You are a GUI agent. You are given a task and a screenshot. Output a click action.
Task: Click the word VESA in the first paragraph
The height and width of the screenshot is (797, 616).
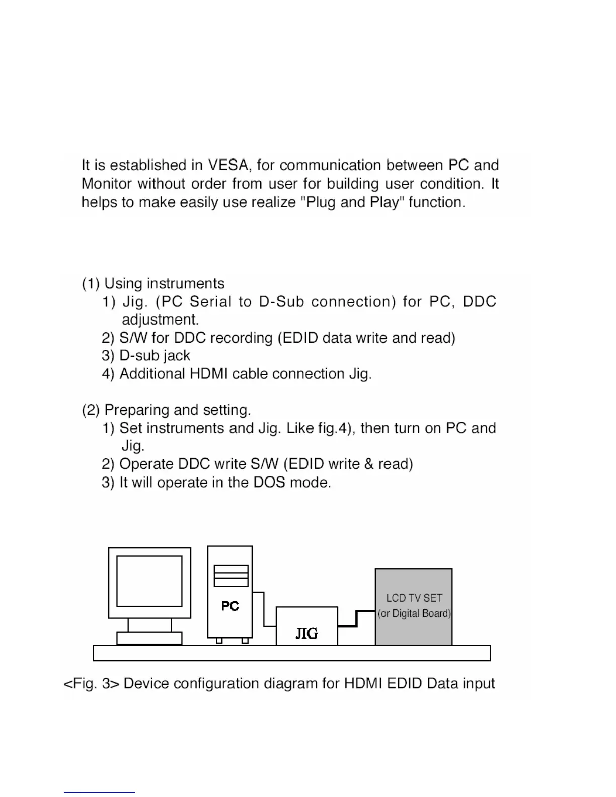pyautogui.click(x=228, y=165)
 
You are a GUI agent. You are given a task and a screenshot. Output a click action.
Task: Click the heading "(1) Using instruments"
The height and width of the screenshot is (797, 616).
pyautogui.click(x=153, y=284)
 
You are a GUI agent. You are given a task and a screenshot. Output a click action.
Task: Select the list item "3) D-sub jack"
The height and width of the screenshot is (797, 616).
pyautogui.click(x=146, y=356)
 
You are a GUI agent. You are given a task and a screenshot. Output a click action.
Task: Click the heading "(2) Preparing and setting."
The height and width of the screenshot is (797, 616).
pyautogui.click(x=166, y=410)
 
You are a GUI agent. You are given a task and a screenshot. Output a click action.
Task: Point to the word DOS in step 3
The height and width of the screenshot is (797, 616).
pyautogui.click(x=269, y=483)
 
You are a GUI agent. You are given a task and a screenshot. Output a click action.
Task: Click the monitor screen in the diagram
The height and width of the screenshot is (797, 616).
pyautogui.click(x=149, y=581)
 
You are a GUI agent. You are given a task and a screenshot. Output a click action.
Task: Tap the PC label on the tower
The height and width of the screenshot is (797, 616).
pyautogui.click(x=230, y=606)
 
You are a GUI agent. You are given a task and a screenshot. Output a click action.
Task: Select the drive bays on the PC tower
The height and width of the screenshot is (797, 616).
pyautogui.click(x=231, y=576)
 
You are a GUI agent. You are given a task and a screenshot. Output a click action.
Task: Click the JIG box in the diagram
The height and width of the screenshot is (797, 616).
pyautogui.click(x=306, y=626)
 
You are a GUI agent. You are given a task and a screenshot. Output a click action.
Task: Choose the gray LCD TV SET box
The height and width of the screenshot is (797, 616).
pyautogui.click(x=414, y=607)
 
